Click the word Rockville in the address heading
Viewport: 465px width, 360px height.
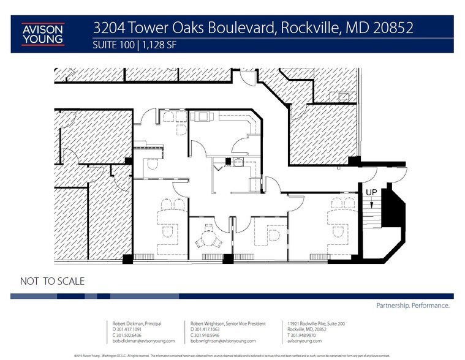tap(323, 28)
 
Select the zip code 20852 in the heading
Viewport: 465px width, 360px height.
tap(393, 28)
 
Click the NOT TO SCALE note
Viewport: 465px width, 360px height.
tap(52, 282)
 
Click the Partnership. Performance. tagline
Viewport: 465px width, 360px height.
tap(412, 305)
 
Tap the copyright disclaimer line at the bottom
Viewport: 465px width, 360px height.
tap(233, 354)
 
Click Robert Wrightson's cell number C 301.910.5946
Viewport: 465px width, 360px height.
tap(205, 335)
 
